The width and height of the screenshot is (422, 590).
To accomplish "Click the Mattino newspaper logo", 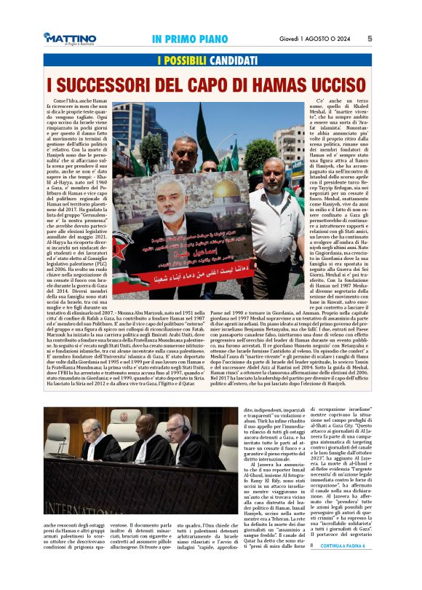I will [69, 39].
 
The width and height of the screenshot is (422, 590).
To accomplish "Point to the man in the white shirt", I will [275, 219].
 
